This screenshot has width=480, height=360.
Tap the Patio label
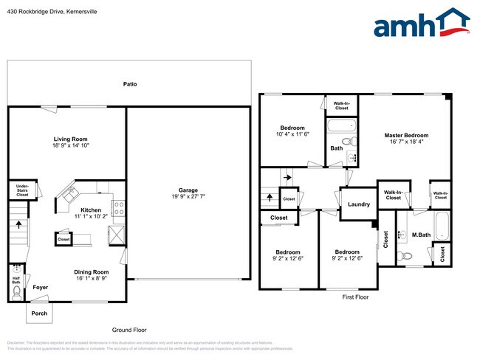[x=130, y=84]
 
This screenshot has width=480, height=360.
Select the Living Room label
[x=70, y=139]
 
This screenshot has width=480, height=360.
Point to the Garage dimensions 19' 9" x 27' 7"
[x=186, y=197]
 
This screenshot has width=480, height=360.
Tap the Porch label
[x=39, y=313]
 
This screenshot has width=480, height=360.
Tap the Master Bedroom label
[x=406, y=135]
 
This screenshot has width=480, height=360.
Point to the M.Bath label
[x=421, y=235]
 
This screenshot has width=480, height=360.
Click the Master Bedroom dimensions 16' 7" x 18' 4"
[x=406, y=143]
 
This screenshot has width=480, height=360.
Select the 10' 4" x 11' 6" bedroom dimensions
[x=292, y=134]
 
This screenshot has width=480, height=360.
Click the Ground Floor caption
[x=129, y=330]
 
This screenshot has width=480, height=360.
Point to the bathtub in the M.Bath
[x=440, y=226]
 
